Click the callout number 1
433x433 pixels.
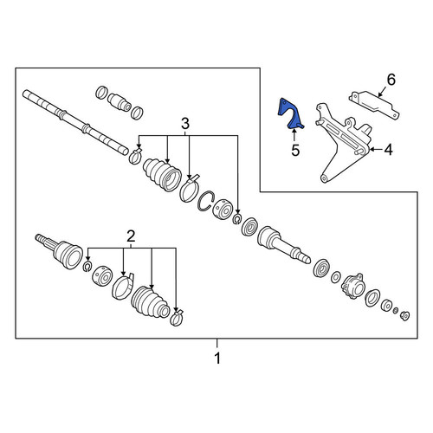[x=217, y=359]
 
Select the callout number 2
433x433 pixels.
[x=131, y=236]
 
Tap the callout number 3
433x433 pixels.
[x=185, y=124]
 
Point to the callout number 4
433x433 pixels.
[x=389, y=150]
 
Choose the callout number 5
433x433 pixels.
[x=295, y=150]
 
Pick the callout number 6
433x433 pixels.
[x=391, y=80]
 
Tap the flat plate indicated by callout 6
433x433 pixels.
[x=374, y=105]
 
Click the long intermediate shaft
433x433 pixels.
[x=75, y=122]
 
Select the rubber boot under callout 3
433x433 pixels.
[x=162, y=174]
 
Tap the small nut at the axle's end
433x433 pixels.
[x=405, y=316]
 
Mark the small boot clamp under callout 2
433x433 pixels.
[x=177, y=317]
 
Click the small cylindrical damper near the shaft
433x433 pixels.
[x=119, y=102]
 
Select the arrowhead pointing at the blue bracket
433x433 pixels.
[x=294, y=132]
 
